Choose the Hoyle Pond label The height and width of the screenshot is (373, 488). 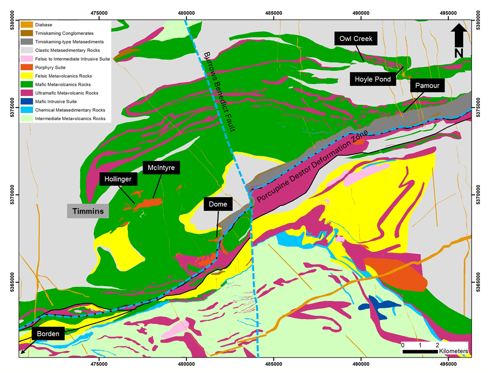click(x=373, y=79)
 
